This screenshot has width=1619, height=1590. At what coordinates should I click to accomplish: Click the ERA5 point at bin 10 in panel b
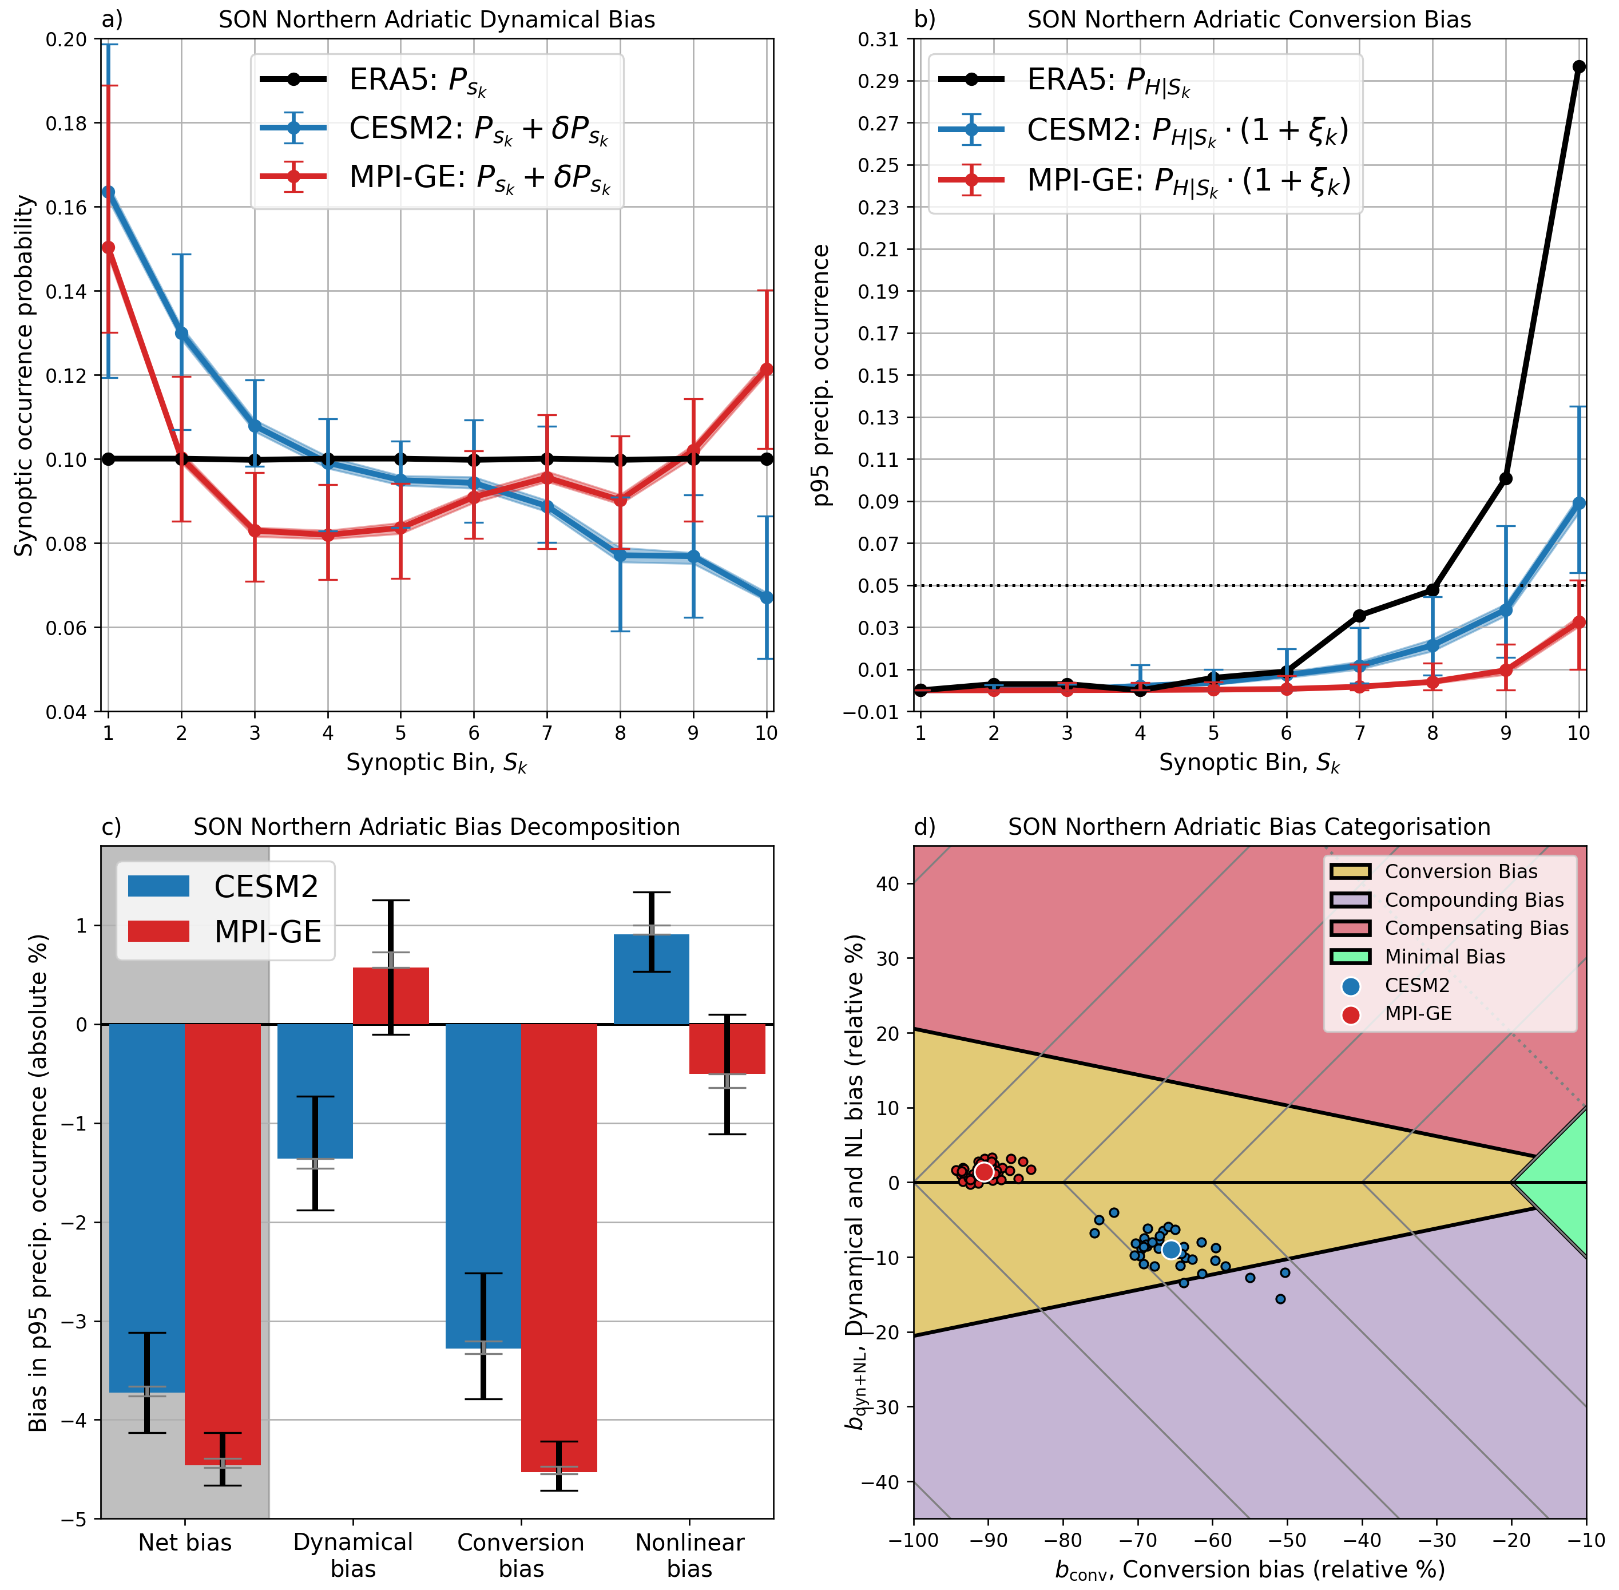click(1578, 67)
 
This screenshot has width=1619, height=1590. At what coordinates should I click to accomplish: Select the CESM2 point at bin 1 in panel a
click(108, 192)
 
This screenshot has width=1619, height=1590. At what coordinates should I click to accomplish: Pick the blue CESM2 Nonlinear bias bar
click(651, 979)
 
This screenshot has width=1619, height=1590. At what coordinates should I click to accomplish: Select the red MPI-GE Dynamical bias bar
click(391, 996)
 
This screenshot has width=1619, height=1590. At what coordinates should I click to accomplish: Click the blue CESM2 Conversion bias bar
click(483, 1186)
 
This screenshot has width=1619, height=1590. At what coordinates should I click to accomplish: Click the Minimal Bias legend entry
click(1445, 957)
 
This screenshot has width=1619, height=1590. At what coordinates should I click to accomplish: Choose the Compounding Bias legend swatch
click(1350, 900)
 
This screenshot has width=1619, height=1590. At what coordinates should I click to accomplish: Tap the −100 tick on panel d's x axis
click(914, 1539)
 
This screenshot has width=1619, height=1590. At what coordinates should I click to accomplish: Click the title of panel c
click(437, 827)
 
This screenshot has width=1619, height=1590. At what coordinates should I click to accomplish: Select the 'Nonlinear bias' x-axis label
click(690, 1555)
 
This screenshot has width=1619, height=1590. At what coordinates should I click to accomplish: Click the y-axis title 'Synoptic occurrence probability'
click(25, 376)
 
